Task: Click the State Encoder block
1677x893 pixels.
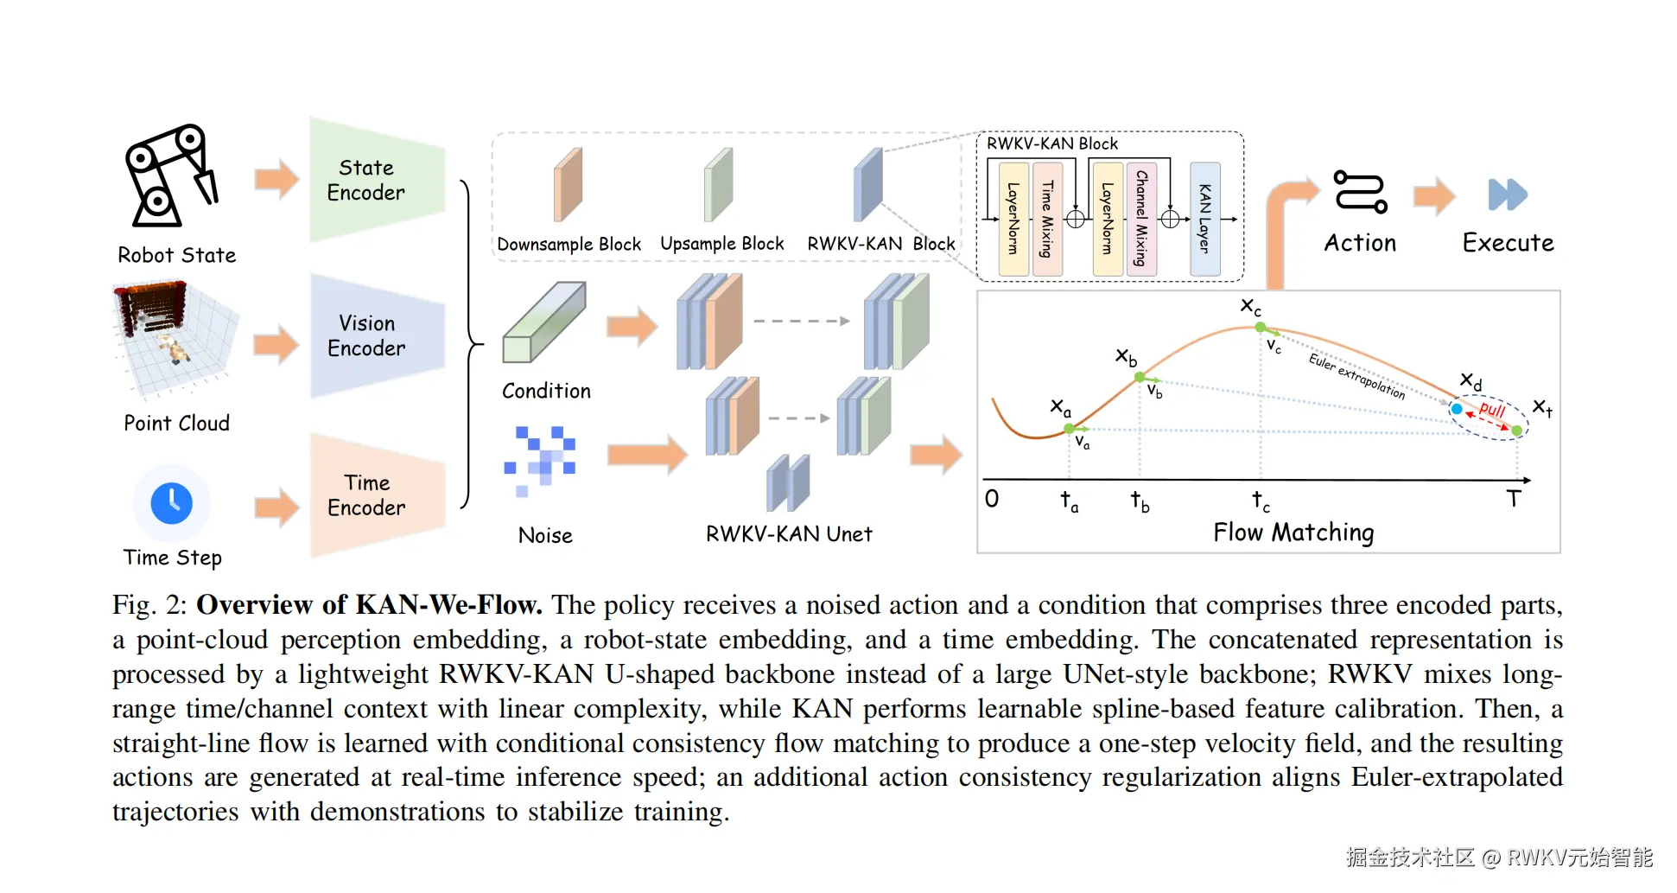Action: click(378, 180)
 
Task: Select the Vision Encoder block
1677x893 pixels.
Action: click(378, 335)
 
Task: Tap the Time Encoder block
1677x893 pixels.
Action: click(378, 495)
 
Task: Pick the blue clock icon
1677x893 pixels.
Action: click(172, 503)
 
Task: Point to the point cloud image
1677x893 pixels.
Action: click(175, 340)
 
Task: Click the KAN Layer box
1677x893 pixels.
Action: click(1205, 219)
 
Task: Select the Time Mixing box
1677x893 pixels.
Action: click(1047, 219)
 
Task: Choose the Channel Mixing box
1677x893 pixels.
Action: click(1141, 219)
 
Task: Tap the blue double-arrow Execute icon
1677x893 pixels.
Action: click(1508, 195)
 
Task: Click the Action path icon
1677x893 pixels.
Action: click(1361, 191)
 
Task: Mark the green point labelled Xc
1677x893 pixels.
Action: click(1261, 327)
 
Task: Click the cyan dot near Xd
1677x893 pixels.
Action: click(1457, 409)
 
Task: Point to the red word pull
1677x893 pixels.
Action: click(1492, 409)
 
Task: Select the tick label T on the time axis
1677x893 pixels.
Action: click(1513, 499)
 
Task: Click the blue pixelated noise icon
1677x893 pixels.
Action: click(540, 461)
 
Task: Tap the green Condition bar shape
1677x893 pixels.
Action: click(544, 322)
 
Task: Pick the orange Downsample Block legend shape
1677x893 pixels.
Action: click(568, 184)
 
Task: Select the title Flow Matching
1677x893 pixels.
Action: click(1293, 533)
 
